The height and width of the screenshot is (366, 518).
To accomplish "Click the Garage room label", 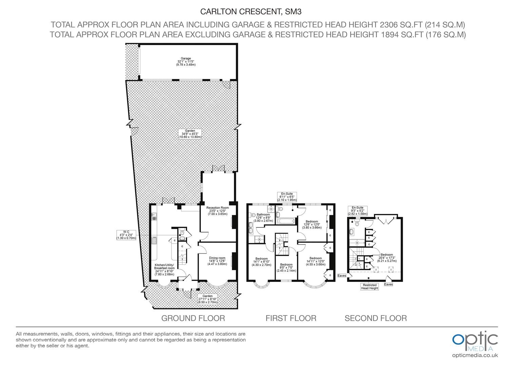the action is click(x=186, y=61).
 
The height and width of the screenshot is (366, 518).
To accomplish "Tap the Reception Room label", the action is click(x=217, y=211).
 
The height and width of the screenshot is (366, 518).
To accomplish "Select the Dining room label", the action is click(x=217, y=261).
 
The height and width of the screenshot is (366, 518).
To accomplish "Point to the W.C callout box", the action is click(x=126, y=235).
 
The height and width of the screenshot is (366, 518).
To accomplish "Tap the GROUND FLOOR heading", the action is click(x=193, y=318).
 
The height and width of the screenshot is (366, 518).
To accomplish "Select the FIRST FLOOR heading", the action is click(x=291, y=318).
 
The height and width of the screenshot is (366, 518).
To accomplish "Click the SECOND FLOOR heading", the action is click(x=376, y=318).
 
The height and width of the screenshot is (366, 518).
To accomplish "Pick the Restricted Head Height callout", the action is click(x=370, y=287).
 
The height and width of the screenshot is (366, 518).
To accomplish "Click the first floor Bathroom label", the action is click(x=263, y=218).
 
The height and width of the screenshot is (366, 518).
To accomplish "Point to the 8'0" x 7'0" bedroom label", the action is click(x=286, y=267).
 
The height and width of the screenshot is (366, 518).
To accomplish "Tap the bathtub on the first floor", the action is click(x=286, y=221).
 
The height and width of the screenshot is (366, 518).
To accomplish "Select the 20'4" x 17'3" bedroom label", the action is click(x=387, y=258).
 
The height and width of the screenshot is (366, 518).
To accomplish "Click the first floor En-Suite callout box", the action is click(x=287, y=197).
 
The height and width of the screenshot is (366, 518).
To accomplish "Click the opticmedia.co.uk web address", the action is click(x=475, y=355).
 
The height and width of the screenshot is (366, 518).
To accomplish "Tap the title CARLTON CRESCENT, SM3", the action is click(x=251, y=12).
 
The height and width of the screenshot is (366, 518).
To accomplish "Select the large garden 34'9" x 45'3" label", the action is click(x=190, y=134).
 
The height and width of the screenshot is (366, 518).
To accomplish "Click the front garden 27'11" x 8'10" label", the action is click(x=207, y=299).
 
